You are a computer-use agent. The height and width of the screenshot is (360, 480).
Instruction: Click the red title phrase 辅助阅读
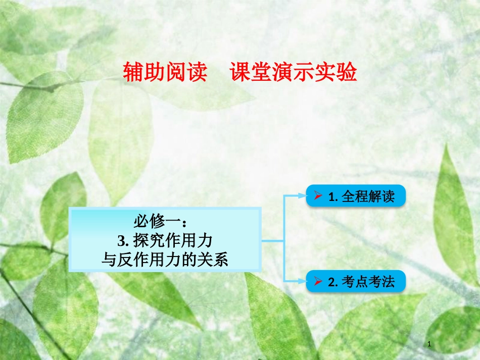[165, 73]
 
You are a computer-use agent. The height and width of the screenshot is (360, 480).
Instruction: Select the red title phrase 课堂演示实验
[293, 73]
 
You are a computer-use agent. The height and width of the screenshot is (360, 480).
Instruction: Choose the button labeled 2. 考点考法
[356, 282]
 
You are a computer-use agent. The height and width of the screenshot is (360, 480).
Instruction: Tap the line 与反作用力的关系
[165, 260]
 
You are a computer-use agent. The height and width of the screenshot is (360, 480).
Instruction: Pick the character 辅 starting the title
[133, 73]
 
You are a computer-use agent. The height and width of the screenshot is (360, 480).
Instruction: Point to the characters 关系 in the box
[217, 260]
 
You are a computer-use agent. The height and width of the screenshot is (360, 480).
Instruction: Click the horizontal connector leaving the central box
[273, 240]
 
